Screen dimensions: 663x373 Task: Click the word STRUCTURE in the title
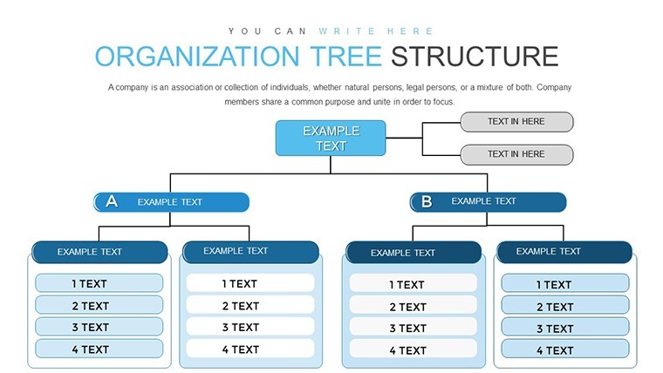(x=475, y=57)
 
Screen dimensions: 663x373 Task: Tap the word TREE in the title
(x=345, y=57)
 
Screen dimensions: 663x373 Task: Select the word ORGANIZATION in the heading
(x=197, y=57)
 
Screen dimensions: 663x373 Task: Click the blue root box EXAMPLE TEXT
(x=331, y=139)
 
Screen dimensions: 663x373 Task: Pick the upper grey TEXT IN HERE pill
(x=516, y=122)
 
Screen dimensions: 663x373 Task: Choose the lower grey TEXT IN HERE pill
(x=516, y=154)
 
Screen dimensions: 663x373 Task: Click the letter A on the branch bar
(x=112, y=201)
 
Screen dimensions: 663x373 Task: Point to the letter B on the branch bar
(x=427, y=201)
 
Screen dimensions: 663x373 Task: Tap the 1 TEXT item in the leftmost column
(x=99, y=283)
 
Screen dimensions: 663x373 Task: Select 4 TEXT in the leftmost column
(x=99, y=349)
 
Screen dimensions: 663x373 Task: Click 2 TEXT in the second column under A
(x=249, y=305)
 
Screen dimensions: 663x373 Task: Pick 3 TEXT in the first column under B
(x=414, y=328)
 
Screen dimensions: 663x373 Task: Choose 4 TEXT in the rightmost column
(x=565, y=349)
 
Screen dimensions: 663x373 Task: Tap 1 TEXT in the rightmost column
(x=565, y=284)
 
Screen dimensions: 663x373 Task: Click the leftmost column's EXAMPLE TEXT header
(x=99, y=252)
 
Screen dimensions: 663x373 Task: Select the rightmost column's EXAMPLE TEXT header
(x=564, y=252)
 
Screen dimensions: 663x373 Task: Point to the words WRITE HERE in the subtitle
(x=376, y=31)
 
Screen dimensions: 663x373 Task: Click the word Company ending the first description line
(x=554, y=87)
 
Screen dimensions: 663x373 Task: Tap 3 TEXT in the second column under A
(x=249, y=327)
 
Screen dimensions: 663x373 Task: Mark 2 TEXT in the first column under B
(x=414, y=306)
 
